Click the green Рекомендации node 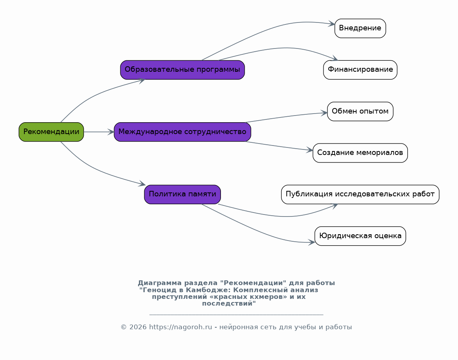[x=51, y=132]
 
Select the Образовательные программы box [x=182, y=70]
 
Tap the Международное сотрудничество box [x=182, y=132]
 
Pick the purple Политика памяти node [x=182, y=194]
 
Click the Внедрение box [x=360, y=28]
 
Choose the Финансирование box [x=360, y=70]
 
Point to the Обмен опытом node [x=360, y=111]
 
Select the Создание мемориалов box [x=360, y=153]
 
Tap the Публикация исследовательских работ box [x=360, y=194]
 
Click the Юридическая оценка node [x=360, y=236]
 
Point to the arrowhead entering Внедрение [x=331, y=24]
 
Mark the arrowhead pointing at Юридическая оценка [x=312, y=242]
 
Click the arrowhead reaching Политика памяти [x=142, y=184]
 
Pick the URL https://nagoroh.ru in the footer [x=181, y=327]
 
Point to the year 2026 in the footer [x=138, y=327]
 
